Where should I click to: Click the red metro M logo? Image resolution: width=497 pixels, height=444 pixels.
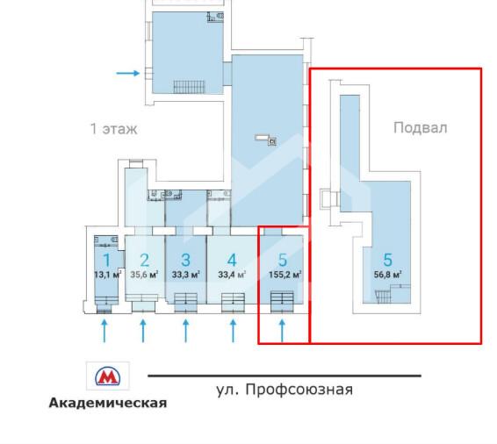click(107, 376)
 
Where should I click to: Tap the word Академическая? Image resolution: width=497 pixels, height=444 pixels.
click(107, 404)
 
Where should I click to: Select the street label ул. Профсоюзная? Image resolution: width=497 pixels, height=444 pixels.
click(284, 389)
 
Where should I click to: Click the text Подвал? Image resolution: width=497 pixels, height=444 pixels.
click(420, 127)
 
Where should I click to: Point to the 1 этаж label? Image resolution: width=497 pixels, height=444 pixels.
click(114, 129)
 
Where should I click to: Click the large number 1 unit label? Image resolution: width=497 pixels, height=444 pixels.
click(106, 260)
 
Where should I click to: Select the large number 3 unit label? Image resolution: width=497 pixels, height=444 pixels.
click(185, 260)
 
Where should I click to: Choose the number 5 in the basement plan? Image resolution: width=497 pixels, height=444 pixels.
click(387, 260)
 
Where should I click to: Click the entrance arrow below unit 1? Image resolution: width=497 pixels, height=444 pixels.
click(105, 331)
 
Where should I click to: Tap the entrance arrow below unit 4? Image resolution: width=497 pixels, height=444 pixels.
click(233, 331)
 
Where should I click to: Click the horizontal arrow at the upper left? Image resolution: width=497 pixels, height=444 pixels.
click(128, 74)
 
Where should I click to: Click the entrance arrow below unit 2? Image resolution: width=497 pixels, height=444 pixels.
click(143, 331)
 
